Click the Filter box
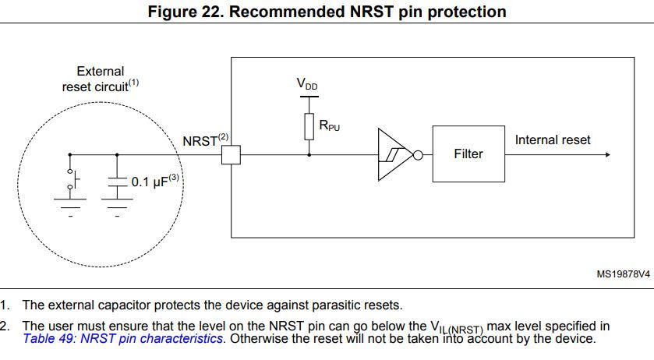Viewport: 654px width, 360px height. pyautogui.click(x=468, y=154)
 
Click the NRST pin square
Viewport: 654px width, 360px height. pyautogui.click(x=231, y=154)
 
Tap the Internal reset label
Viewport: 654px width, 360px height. pyautogui.click(x=553, y=140)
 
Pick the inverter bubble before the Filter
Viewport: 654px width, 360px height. pyautogui.click(x=418, y=154)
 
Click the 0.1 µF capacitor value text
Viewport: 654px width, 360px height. pyautogui.click(x=150, y=182)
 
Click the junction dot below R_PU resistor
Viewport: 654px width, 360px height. pyautogui.click(x=309, y=154)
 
